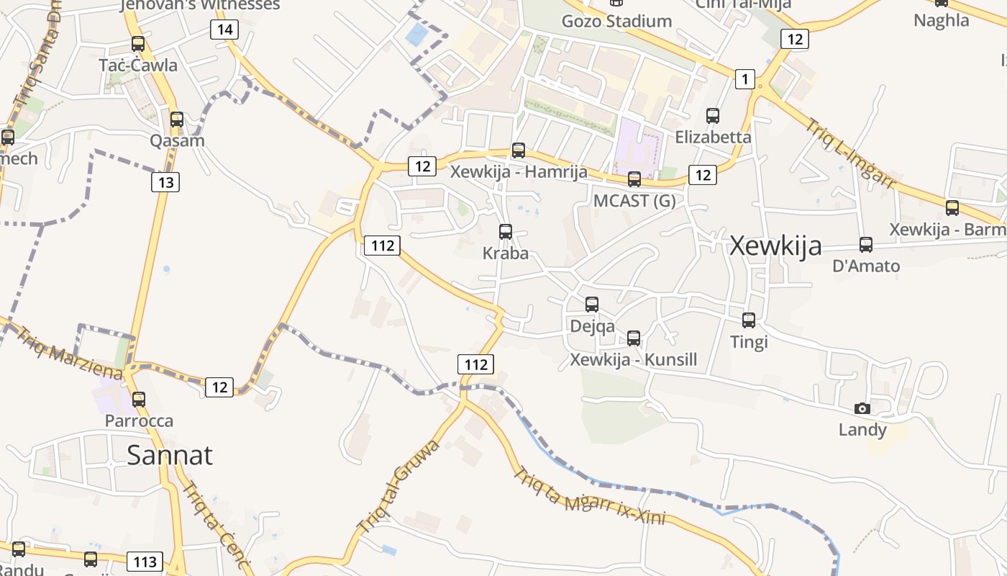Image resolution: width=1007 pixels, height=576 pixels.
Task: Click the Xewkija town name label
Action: click(775, 246)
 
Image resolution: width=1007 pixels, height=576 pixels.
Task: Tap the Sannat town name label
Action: click(170, 454)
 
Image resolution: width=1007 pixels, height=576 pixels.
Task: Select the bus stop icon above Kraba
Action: click(506, 232)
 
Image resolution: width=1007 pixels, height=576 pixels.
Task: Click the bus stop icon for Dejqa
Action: click(592, 305)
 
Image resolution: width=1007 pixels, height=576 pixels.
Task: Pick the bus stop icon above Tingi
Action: click(749, 320)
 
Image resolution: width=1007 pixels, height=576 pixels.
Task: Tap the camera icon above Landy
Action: click(862, 409)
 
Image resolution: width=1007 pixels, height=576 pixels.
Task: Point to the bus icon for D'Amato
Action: click(866, 245)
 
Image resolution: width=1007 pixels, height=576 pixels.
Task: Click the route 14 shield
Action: click(225, 30)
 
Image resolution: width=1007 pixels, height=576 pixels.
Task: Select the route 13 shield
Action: click(165, 182)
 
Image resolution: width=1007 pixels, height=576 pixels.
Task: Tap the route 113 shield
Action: click(145, 561)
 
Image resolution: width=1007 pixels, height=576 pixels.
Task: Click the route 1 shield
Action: click(745, 79)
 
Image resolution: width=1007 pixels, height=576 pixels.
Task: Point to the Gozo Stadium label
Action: click(616, 21)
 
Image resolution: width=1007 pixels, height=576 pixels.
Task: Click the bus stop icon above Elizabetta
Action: click(713, 115)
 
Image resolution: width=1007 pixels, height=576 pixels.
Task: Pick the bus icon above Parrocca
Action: click(139, 399)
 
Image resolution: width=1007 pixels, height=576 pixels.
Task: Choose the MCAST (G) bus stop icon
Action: click(634, 179)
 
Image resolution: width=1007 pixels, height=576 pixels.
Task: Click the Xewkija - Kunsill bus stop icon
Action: click(634, 338)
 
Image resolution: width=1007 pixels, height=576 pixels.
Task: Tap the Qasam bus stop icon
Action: click(177, 120)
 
